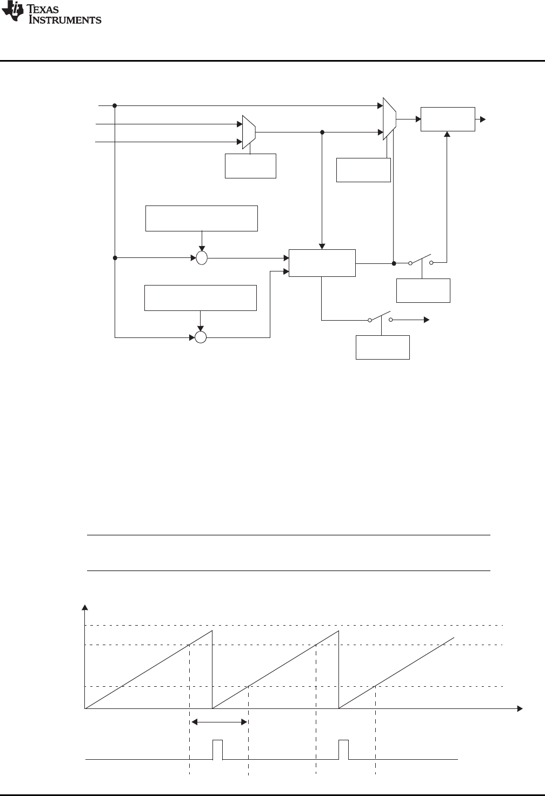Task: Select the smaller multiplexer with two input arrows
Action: click(249, 132)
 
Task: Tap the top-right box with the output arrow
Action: click(448, 119)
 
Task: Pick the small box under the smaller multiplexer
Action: click(250, 166)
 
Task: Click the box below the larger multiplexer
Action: click(363, 170)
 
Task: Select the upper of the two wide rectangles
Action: click(202, 218)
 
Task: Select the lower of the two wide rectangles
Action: click(200, 297)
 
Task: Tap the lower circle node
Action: click(201, 338)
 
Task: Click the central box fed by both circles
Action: click(322, 263)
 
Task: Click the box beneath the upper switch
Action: click(423, 290)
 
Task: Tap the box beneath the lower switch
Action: click(383, 347)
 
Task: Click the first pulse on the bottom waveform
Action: click(218, 749)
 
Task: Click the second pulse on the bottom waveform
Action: click(344, 749)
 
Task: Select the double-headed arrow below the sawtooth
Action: click(219, 722)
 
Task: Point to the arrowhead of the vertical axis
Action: click(84, 607)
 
